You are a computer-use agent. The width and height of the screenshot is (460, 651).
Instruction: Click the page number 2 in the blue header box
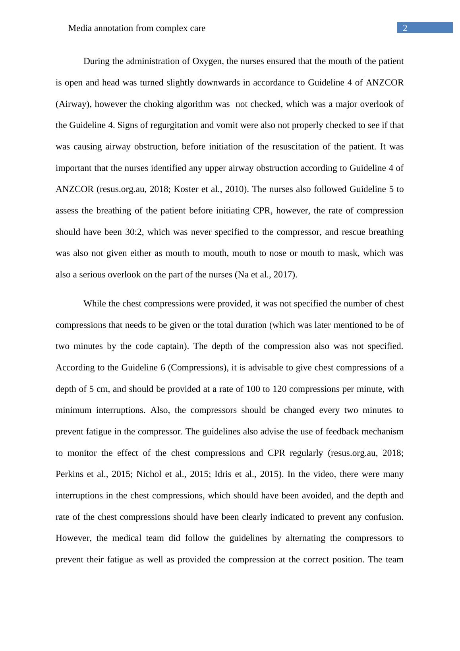[x=405, y=28]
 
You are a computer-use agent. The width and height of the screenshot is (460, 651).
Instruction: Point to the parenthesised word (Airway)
[x=73, y=104]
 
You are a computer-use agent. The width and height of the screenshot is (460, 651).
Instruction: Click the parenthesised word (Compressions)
[x=197, y=368]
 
